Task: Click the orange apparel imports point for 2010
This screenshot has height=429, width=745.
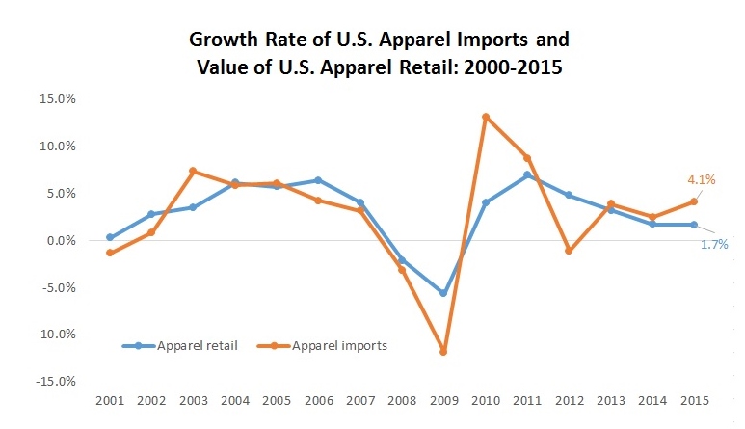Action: tap(486, 117)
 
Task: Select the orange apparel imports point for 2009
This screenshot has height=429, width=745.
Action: tap(443, 352)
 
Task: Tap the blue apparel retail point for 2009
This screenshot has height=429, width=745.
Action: tap(443, 293)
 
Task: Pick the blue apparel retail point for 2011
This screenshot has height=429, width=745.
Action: tap(527, 175)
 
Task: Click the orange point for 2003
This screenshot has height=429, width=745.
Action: tap(193, 172)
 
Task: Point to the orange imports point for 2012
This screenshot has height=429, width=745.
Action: tap(569, 251)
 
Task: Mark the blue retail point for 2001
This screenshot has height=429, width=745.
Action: tap(110, 237)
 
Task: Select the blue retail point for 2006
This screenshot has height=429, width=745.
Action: tap(318, 180)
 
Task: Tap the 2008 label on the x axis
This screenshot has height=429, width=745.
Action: tap(402, 399)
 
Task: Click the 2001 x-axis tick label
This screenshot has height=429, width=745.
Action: tap(110, 399)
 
